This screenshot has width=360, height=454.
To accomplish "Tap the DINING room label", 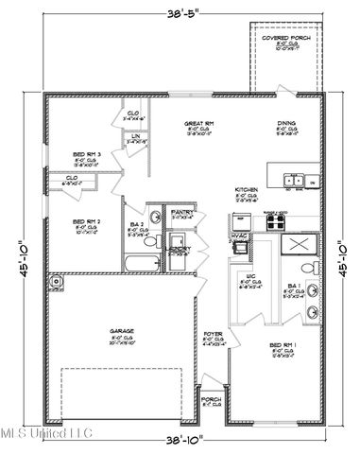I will [284, 122].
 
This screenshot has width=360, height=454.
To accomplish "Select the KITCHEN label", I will [247, 189].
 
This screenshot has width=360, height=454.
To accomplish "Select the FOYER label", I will [213, 335].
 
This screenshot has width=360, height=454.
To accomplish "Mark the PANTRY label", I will [181, 212].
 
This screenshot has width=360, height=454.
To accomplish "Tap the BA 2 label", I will [138, 224].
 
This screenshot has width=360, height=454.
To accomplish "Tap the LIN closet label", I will [135, 136].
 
